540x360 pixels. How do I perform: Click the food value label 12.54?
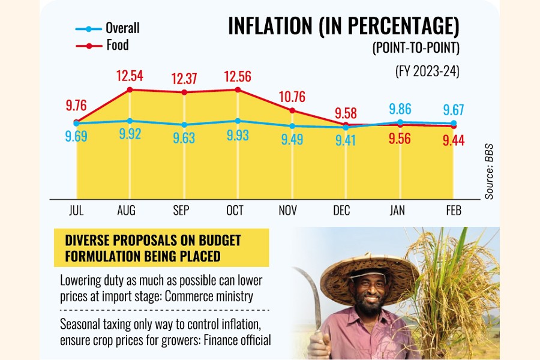coord(130,76)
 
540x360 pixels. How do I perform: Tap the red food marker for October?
coord(238,89)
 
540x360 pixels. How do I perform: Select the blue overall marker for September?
coord(184,124)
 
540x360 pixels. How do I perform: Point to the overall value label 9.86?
coord(400,109)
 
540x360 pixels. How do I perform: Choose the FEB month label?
coord(452,210)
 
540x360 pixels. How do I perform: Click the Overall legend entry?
coord(122,28)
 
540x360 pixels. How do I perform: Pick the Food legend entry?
coord(117,45)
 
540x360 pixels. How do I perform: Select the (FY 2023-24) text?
coord(427,71)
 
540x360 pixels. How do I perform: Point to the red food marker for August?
coord(130,89)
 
